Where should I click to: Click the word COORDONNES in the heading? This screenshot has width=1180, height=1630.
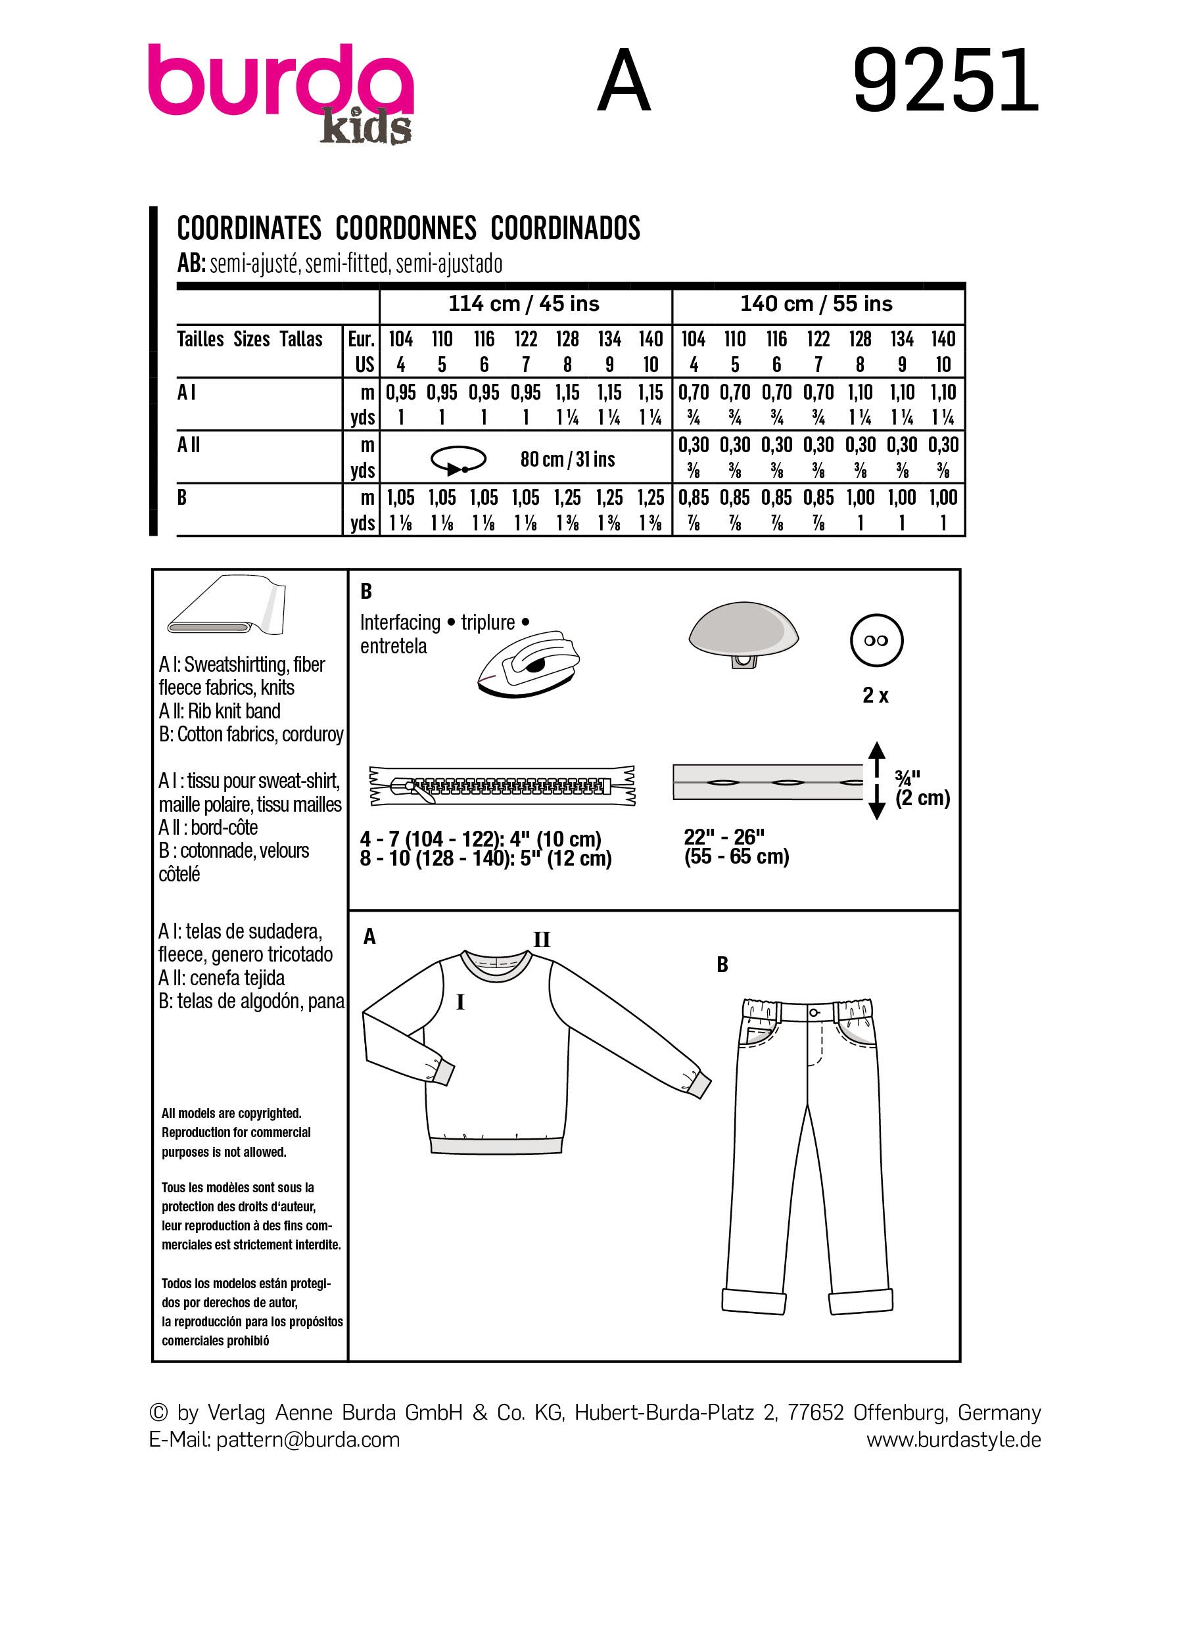406,229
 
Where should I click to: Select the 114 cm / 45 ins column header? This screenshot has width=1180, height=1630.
524,304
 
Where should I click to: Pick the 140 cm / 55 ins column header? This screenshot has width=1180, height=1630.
816,304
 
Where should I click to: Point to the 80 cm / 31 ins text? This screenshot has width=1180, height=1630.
567,459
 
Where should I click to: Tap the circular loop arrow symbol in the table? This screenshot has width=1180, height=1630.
458,460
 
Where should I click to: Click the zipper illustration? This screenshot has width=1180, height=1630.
502,785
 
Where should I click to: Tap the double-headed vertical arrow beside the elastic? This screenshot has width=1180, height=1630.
876,781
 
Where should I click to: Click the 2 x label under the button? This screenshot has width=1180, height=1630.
875,695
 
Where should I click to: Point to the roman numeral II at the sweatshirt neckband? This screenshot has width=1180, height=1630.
541,940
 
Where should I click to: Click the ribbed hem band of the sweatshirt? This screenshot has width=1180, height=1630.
496,1145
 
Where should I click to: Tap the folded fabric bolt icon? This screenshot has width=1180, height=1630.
225,605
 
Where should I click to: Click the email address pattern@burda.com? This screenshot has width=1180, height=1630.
308,1439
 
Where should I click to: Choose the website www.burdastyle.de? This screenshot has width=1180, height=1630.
953,1439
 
